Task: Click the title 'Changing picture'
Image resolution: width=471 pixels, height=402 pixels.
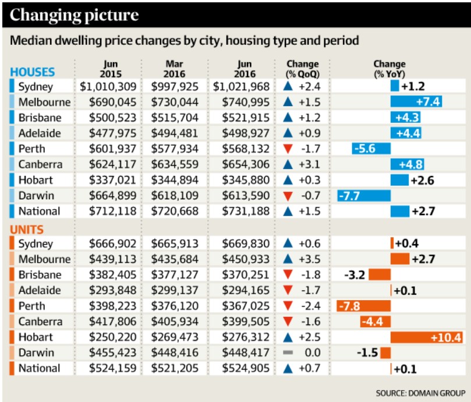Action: [74, 15]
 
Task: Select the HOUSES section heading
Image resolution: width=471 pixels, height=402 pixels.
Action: [33, 72]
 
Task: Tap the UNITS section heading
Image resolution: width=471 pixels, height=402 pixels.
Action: [27, 230]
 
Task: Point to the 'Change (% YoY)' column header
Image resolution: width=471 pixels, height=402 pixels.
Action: [389, 69]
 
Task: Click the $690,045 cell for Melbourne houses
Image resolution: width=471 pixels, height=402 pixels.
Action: [108, 102]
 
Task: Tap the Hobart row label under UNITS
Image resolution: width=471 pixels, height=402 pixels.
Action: [36, 337]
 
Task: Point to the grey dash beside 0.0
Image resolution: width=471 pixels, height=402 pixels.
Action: [286, 352]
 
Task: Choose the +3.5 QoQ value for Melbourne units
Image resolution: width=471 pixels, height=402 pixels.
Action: [308, 259]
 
